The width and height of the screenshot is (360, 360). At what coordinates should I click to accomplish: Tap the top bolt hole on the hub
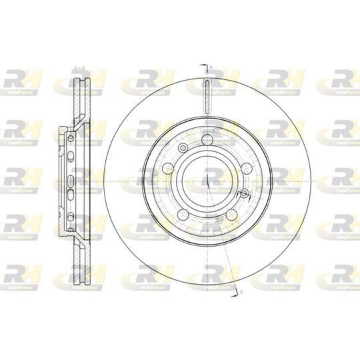point(208,139)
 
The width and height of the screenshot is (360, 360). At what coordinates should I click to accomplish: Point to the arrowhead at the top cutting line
point(202,65)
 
